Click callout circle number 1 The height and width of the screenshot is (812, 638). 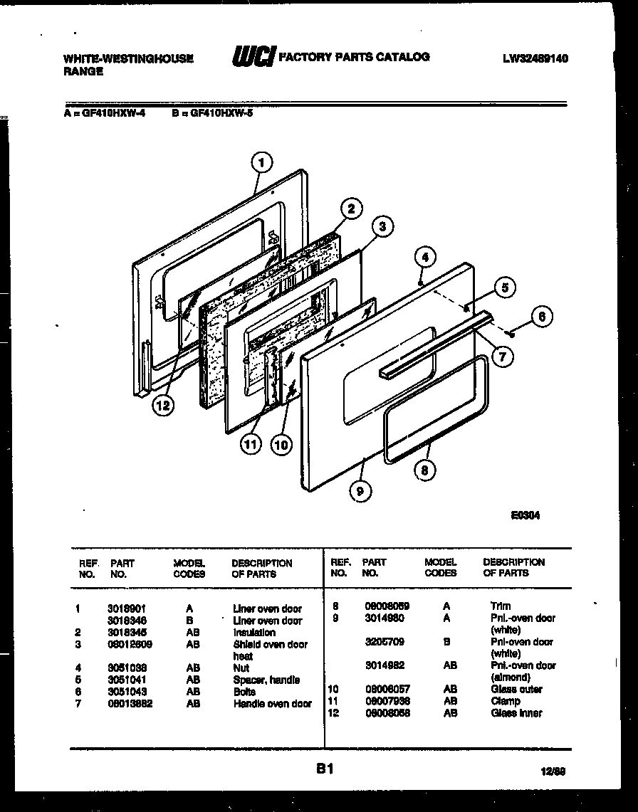coord(262,163)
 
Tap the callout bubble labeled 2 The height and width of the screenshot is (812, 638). coord(350,209)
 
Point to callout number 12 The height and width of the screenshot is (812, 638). coord(163,405)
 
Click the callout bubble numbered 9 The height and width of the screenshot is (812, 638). coord(361,489)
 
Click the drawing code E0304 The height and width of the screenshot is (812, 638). coord(525,517)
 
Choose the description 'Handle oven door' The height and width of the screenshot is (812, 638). coord(272,704)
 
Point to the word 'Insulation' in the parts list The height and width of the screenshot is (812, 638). coord(254,632)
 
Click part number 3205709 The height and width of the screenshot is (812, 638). coord(385,642)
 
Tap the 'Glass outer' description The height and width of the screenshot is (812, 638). coord(516,689)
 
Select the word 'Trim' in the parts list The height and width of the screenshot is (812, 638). coord(501,606)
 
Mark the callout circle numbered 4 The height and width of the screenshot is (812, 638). coord(424,257)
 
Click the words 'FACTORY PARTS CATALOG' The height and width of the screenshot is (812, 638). coord(354,57)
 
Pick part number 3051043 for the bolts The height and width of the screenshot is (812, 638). coord(127,692)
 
